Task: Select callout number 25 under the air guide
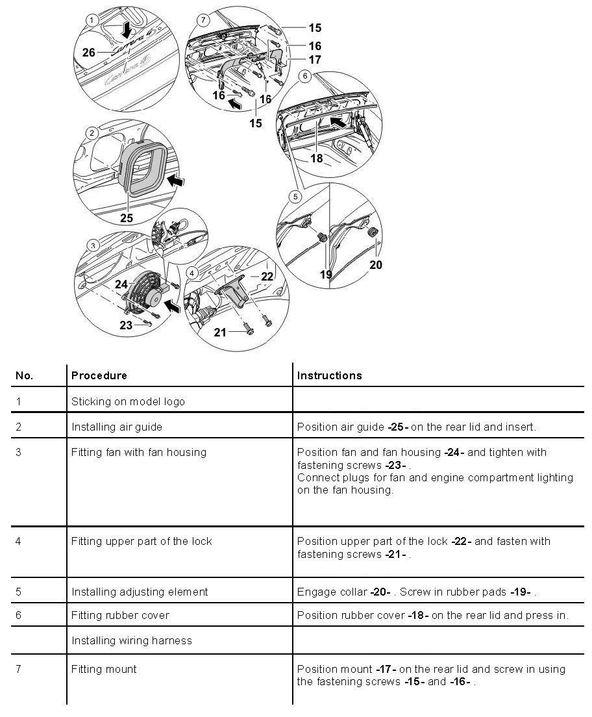127,218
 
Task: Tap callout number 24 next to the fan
121,284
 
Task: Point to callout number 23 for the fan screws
126,325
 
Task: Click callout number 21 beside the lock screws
221,333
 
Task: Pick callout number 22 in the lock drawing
267,276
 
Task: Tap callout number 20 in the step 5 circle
376,264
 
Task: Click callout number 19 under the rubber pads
326,274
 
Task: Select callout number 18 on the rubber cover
316,158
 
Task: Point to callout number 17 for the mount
315,60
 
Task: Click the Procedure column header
99,375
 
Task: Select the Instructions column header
329,375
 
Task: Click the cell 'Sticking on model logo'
128,401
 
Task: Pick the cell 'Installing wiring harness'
132,640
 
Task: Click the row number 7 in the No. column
19,669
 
